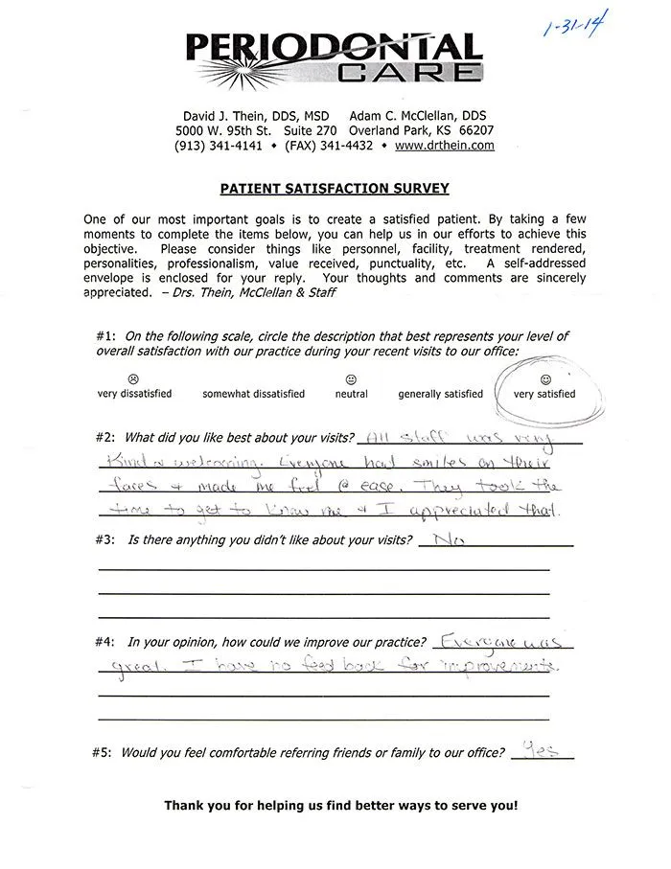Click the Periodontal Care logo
tap(333, 57)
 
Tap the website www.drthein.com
tap(444, 146)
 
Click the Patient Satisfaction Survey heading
tap(335, 189)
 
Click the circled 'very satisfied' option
tap(544, 393)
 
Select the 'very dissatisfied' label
tap(134, 394)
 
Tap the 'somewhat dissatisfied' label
tap(253, 394)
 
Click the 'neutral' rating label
tap(351, 394)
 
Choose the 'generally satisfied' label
tap(441, 394)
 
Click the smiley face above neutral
tap(352, 379)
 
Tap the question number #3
tap(105, 541)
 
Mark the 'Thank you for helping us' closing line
tap(340, 806)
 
